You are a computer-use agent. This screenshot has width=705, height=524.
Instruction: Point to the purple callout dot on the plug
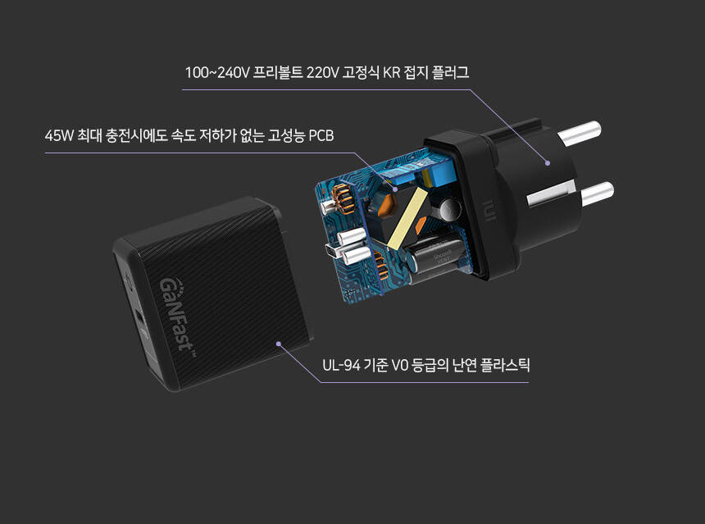point(548,162)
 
